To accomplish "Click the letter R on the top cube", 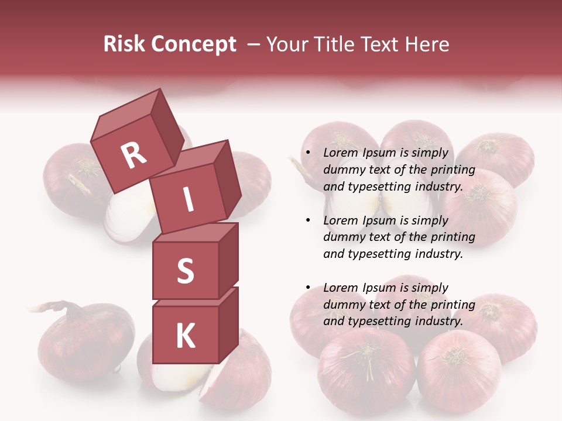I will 133,155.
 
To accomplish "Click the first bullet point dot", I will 308,154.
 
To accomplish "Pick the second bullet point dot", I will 308,221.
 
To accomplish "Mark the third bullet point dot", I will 308,288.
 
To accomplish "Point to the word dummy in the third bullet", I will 343,305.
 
